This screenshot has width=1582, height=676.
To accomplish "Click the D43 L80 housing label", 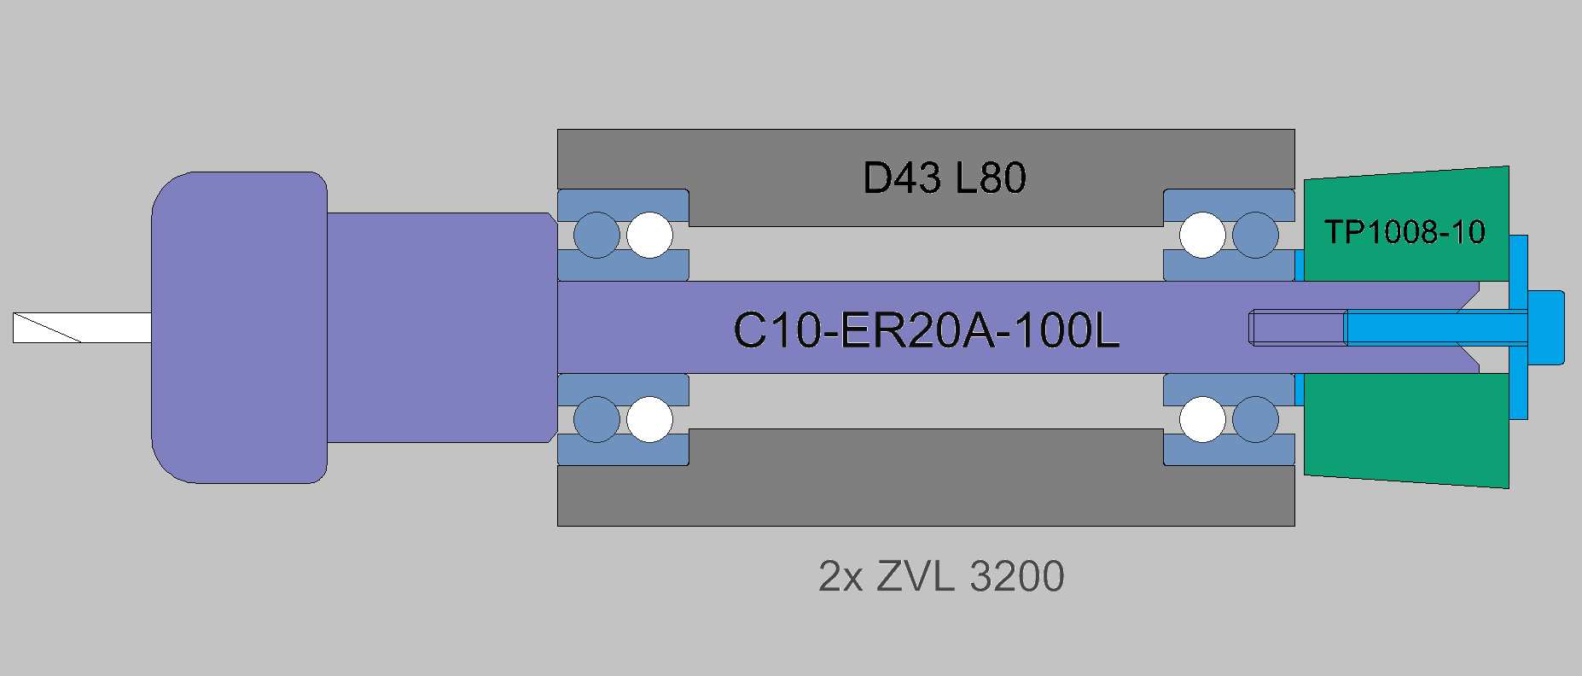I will point(944,178).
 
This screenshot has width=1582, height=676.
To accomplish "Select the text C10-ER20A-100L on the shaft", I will point(926,330).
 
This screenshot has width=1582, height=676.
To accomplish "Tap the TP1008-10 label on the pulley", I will point(1405,232).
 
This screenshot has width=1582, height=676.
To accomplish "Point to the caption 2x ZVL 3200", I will point(940,576).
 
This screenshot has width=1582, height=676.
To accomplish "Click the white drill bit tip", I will point(82,328).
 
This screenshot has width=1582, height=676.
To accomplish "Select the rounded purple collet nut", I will point(239,328).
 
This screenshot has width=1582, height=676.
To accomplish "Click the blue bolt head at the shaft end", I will point(1545,328).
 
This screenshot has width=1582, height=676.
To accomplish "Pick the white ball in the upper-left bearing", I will point(649,235).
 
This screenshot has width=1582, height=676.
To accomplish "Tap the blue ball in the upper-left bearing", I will point(596,235).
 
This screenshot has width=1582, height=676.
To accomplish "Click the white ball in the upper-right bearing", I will point(1202,235).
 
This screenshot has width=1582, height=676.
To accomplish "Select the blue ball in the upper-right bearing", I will point(1255,235).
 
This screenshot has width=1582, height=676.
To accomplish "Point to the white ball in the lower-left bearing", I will point(649,419).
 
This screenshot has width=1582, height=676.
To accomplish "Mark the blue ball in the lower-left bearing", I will point(596,419).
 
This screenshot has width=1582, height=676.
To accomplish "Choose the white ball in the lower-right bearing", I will point(1202,419).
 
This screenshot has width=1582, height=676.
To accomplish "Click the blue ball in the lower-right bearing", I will point(1255,419).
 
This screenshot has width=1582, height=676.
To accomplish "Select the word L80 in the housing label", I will point(990,178).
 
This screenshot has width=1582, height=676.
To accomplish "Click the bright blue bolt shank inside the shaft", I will point(1434,328).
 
